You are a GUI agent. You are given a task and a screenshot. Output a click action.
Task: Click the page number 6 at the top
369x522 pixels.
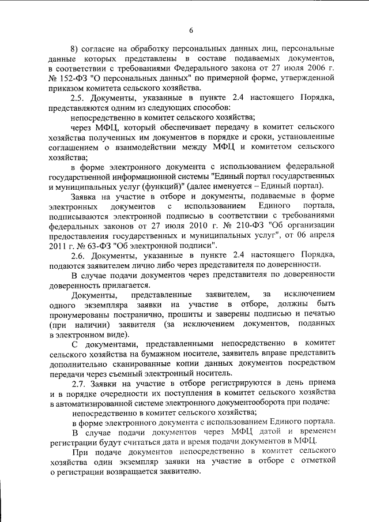[x=191, y=31]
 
